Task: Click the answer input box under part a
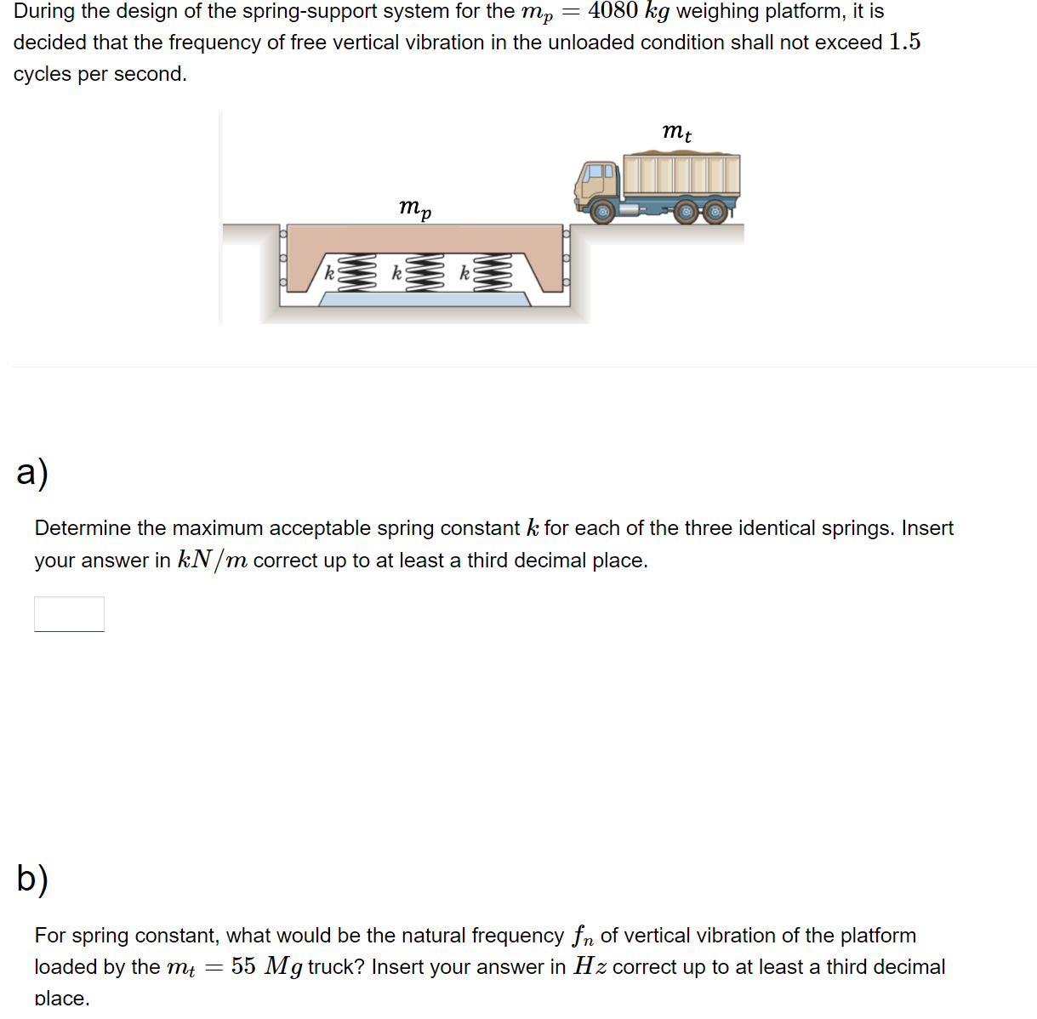69,614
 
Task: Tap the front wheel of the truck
602,211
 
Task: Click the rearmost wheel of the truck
715,211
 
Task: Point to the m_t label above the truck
676,132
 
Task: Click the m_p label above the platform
415,207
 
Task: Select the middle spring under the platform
425,272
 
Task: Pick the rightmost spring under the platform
493,272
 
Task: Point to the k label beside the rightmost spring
464,273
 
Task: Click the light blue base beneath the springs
424,299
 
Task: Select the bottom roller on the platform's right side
566,283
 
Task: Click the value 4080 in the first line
613,11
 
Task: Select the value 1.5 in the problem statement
904,43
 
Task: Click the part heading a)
32,472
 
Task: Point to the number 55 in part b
243,967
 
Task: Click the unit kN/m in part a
213,561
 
